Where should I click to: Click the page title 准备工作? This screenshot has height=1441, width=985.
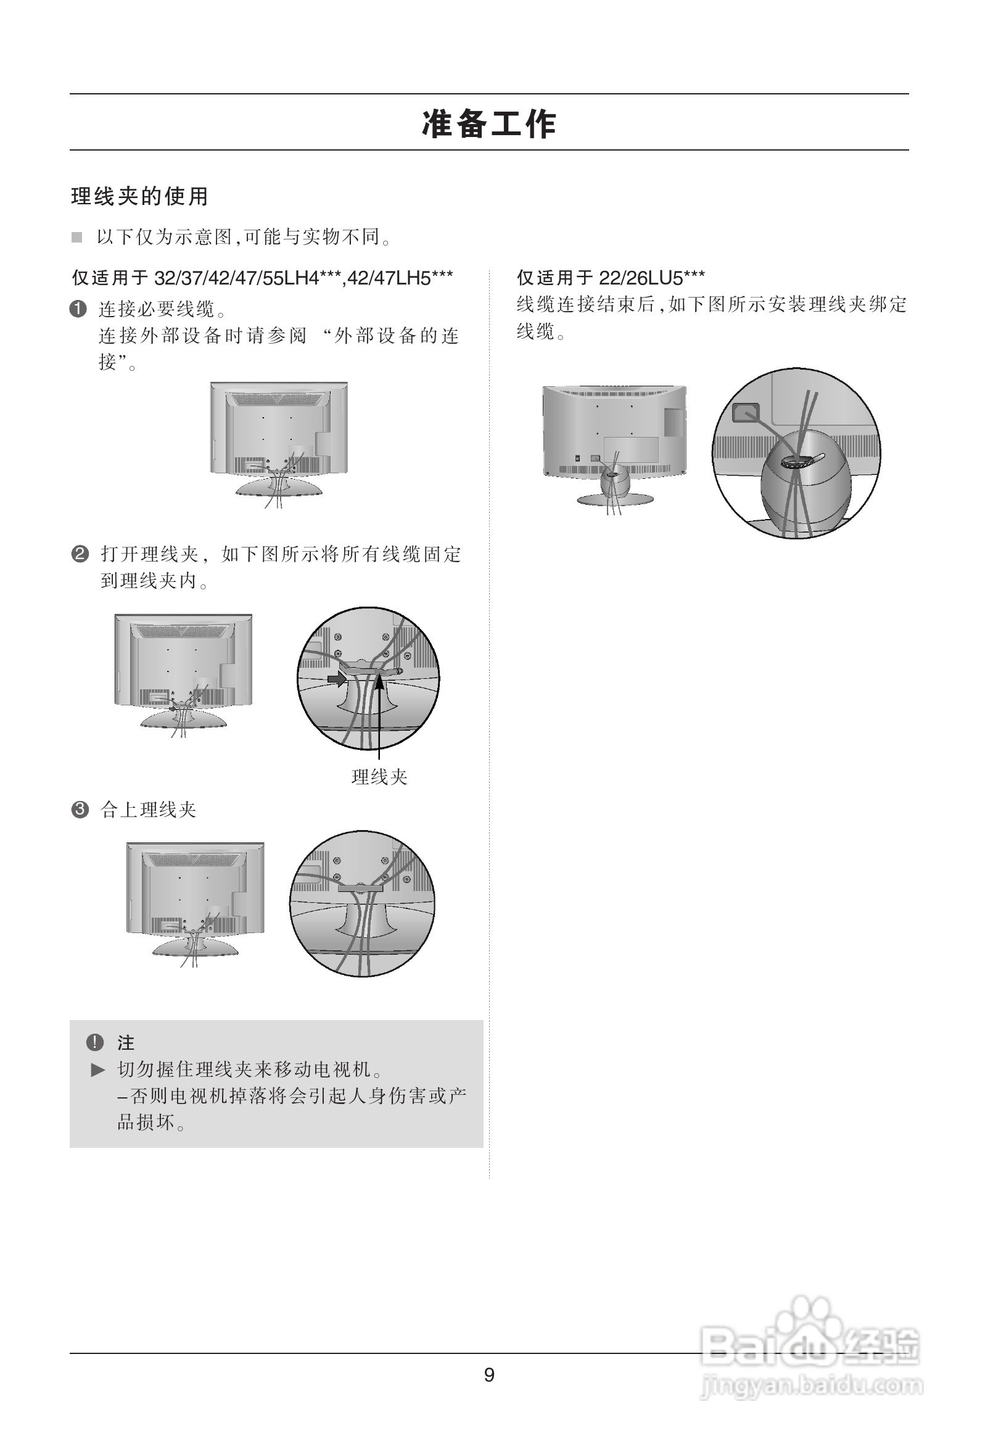coord(489,123)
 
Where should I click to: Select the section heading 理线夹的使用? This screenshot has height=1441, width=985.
coord(139,197)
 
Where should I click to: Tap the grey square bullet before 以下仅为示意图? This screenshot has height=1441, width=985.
coord(77,238)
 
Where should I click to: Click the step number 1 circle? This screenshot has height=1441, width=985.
coord(78,309)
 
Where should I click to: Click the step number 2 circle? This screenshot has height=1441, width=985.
coord(80,554)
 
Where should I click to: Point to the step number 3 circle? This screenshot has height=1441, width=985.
coord(80,810)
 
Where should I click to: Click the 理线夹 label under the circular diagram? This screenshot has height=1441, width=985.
coord(379,777)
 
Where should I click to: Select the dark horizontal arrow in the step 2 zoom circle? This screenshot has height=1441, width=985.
coord(337,679)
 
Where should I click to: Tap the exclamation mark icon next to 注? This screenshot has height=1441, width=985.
coord(94,1042)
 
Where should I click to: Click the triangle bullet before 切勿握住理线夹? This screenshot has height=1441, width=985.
coord(98,1069)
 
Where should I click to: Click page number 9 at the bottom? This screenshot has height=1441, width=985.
coord(489,1375)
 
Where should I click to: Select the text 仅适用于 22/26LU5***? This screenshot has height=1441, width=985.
coord(611,278)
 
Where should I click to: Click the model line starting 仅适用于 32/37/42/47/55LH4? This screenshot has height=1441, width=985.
coord(262,278)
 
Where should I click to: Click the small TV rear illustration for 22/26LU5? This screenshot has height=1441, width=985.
coord(614,443)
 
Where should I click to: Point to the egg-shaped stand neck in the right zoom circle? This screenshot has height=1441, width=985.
coord(806,490)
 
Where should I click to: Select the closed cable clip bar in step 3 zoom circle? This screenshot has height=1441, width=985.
coord(360,889)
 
